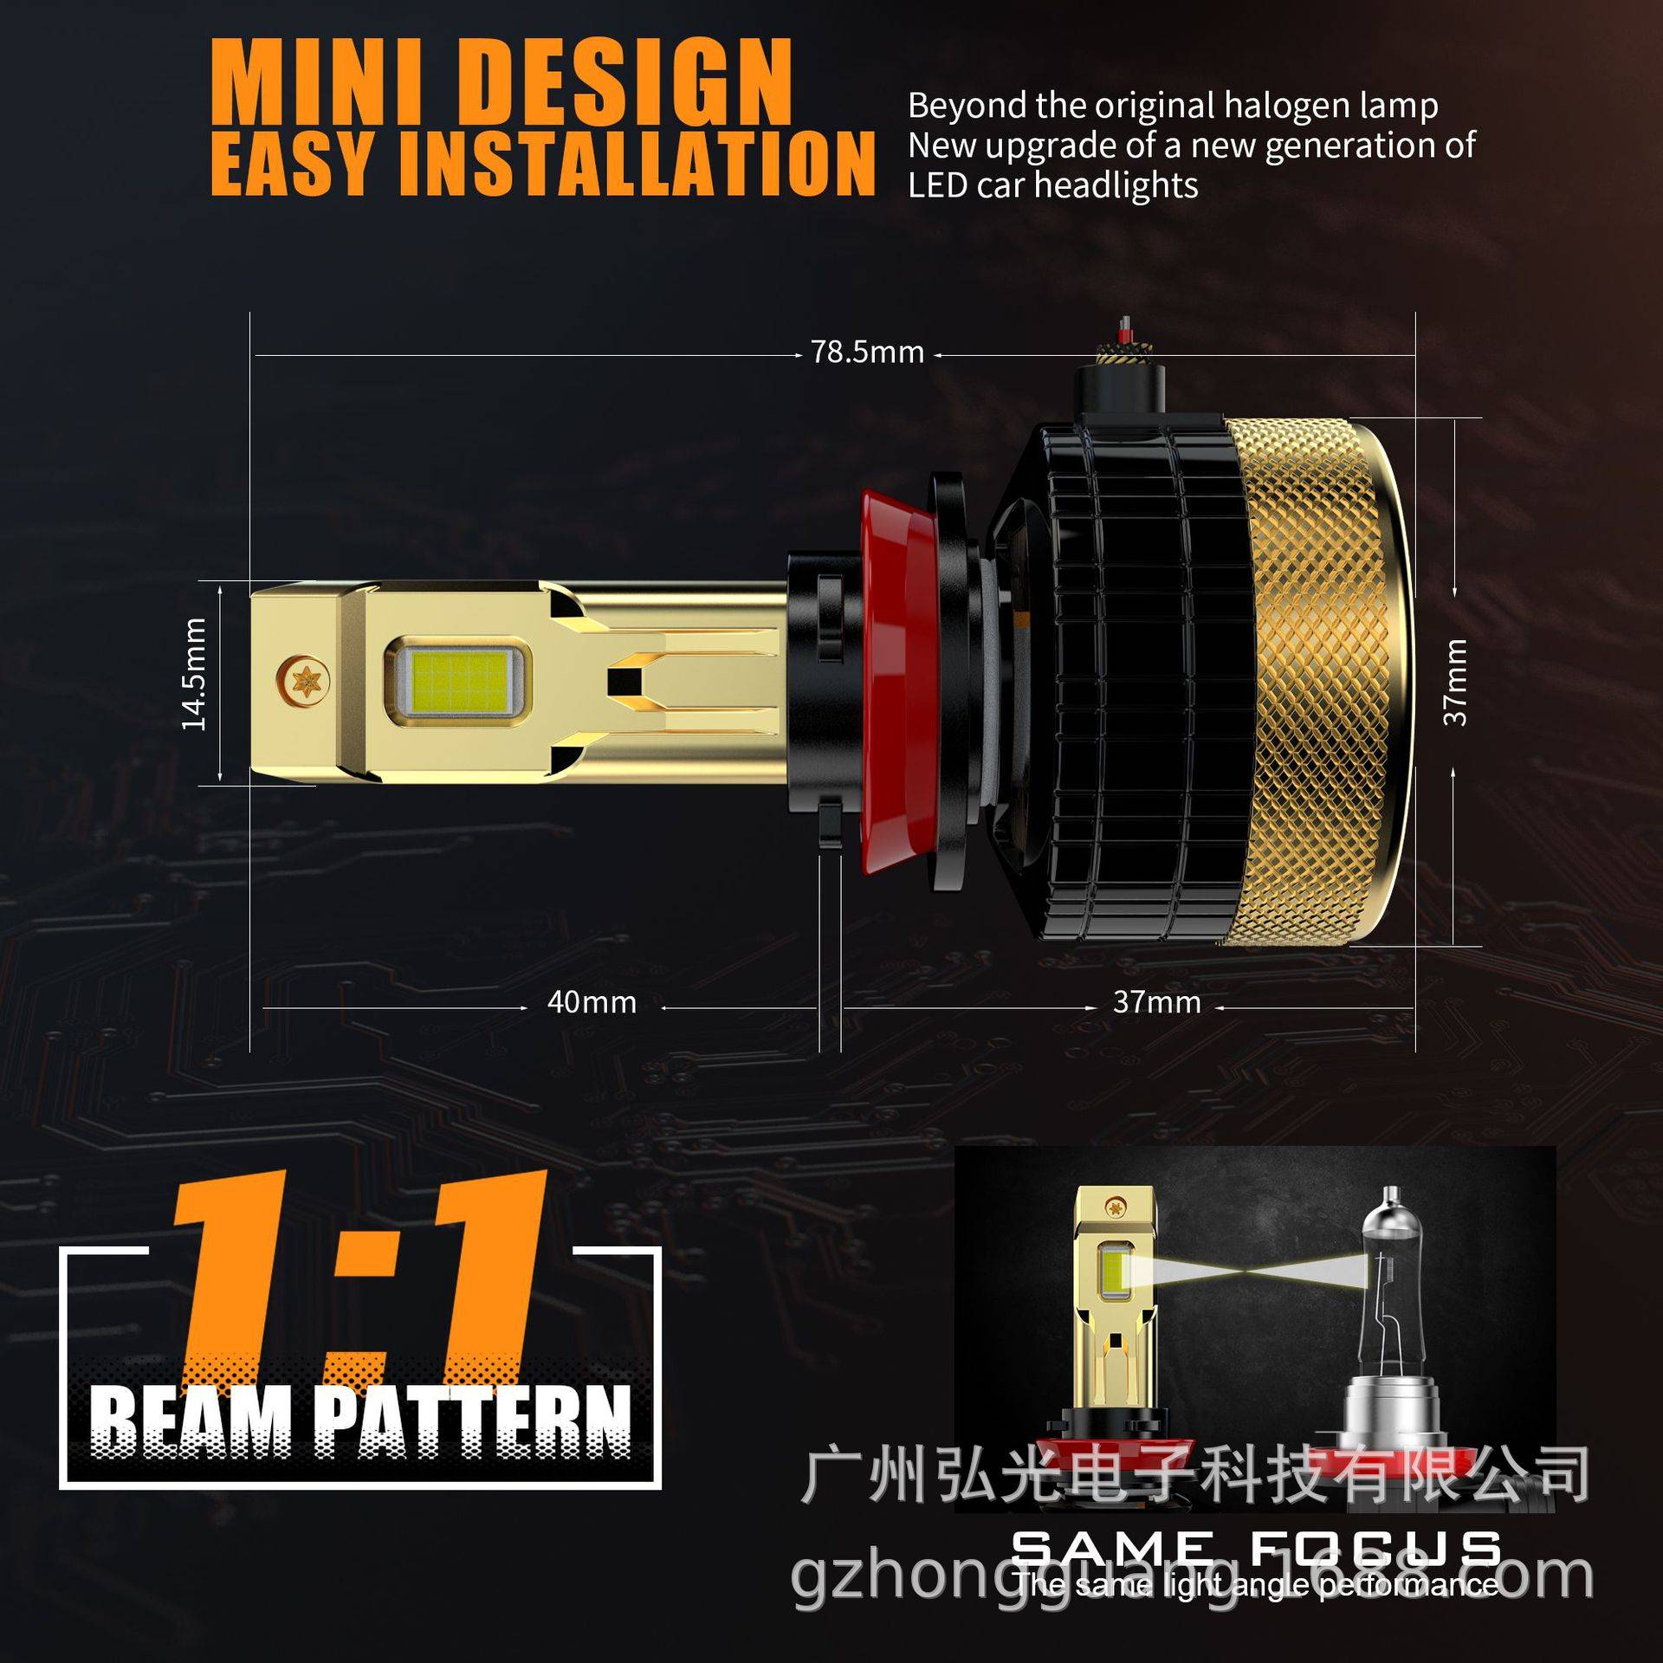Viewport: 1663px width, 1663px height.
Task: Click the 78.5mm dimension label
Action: [x=867, y=353]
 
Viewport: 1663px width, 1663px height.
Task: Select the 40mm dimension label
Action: [x=592, y=1002]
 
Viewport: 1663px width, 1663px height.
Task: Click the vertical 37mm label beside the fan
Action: [x=1456, y=682]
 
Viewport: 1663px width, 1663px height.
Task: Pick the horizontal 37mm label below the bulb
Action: [x=1156, y=1002]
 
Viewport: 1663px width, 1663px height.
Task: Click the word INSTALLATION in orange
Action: [x=637, y=165]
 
